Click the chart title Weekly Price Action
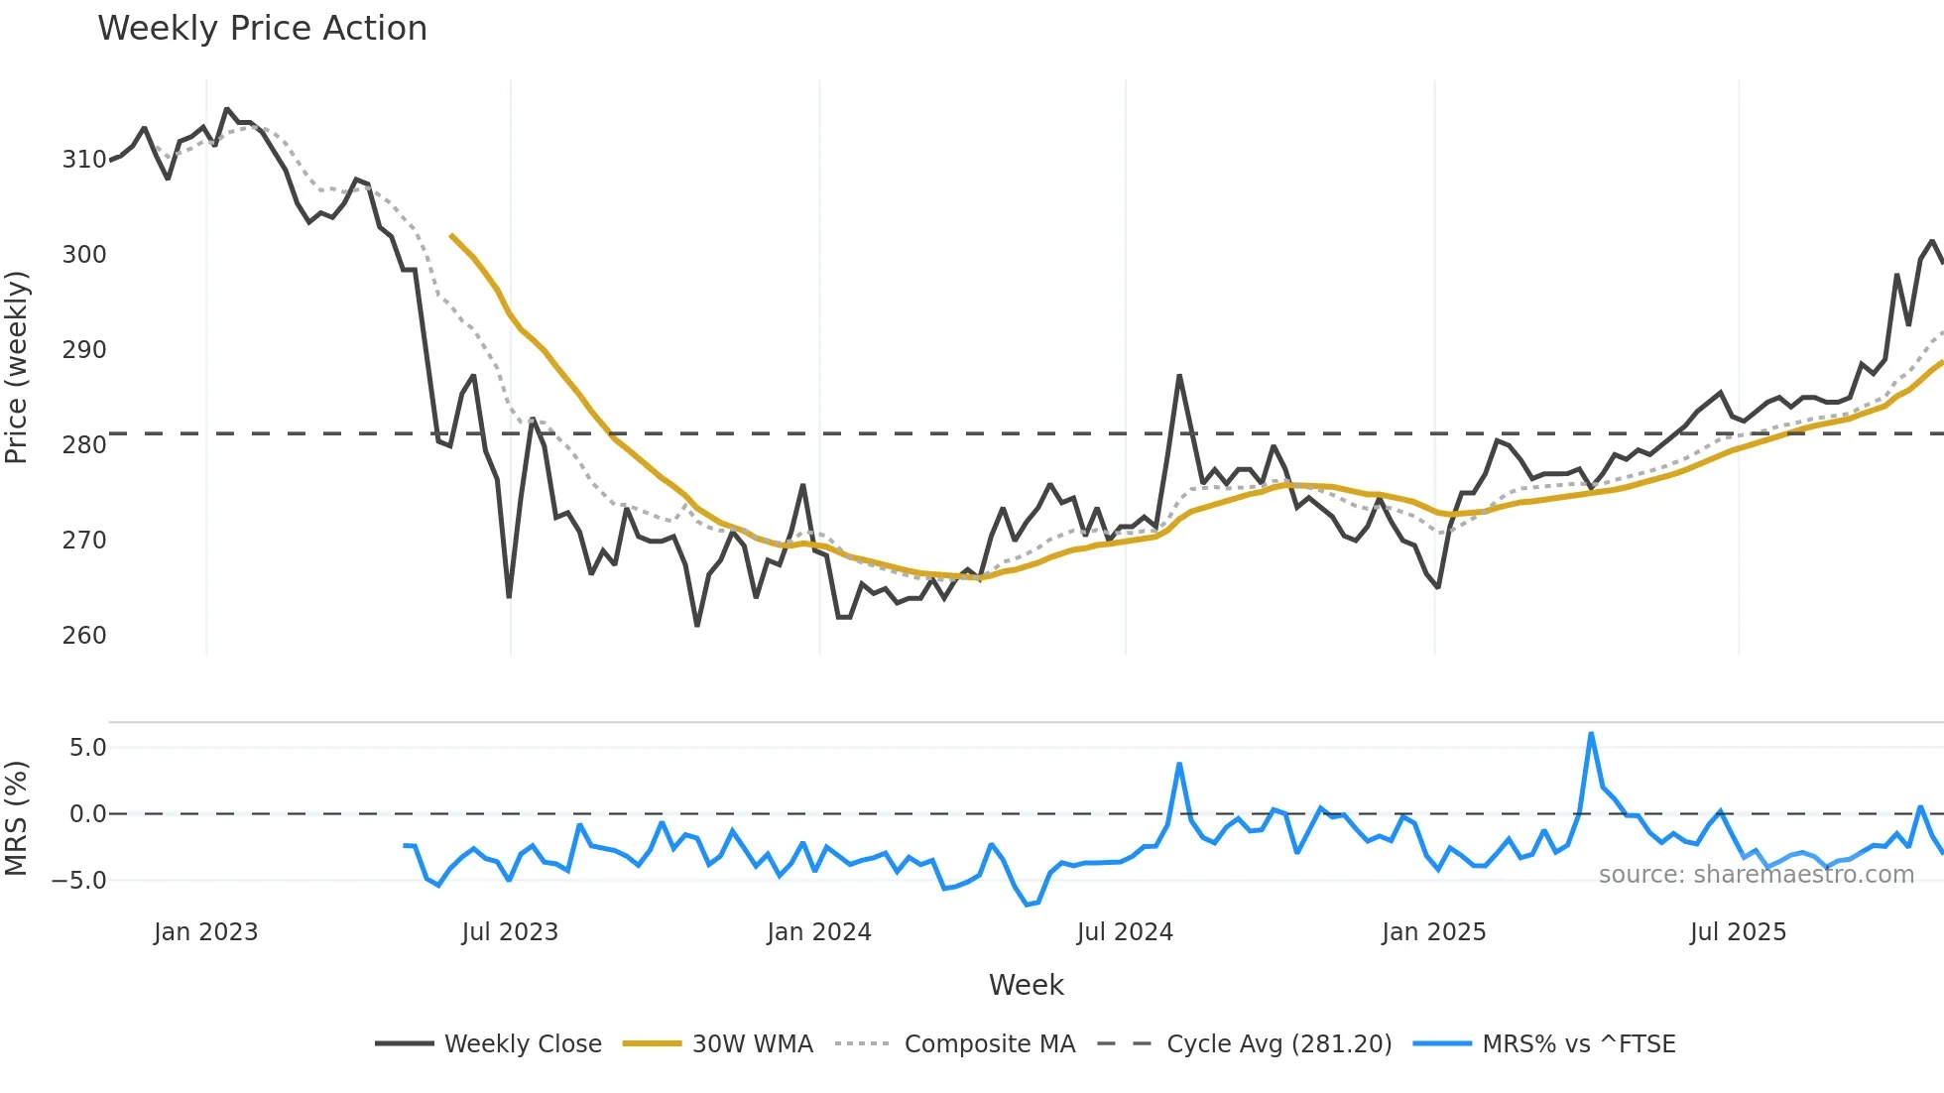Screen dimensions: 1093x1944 pos(262,29)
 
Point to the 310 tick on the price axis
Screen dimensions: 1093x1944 pos(84,160)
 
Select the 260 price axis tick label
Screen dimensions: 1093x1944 pos(84,636)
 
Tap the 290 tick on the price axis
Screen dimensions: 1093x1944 pos(84,350)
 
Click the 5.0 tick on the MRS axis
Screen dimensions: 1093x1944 pos(87,748)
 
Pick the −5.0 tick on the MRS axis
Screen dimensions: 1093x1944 pos(79,881)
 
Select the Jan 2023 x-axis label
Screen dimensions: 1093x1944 pos(205,932)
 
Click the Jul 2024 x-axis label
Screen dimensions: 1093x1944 pos(1125,932)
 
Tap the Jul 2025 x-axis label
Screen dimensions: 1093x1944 pos(1738,932)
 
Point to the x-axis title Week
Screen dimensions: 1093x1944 pos(1026,985)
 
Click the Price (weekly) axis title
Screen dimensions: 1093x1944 pos(17,367)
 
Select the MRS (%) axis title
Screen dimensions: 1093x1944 pos(17,818)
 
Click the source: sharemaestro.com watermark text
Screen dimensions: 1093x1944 pos(1756,875)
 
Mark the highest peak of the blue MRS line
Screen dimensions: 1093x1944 pos(1591,734)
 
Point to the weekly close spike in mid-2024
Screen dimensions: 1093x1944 pos(1179,376)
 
